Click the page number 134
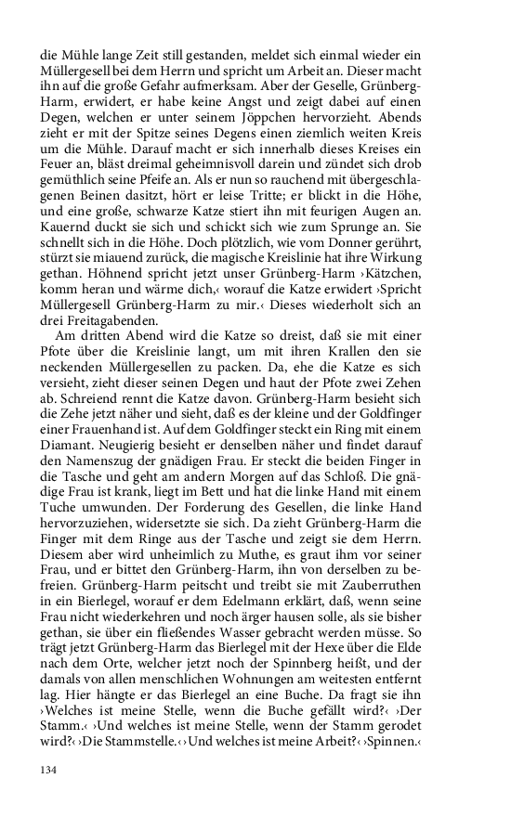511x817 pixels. (48, 770)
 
